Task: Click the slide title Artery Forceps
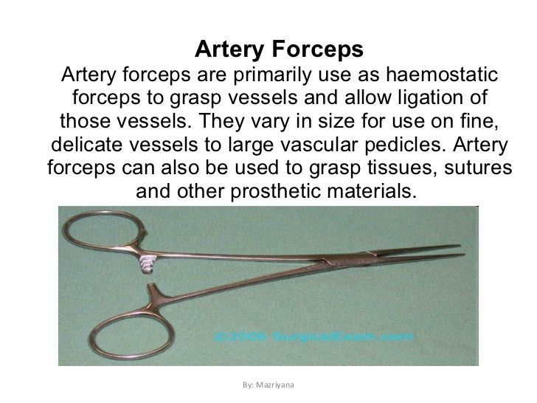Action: coord(279,49)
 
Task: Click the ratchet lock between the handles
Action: coord(150,262)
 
